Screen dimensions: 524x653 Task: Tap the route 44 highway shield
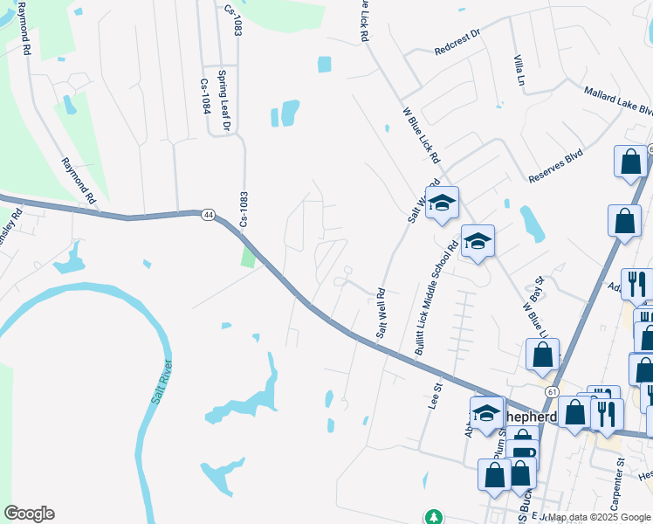207,214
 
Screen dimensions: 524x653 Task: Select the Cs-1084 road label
206,96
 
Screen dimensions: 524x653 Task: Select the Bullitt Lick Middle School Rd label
436,297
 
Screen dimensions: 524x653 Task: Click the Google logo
29,514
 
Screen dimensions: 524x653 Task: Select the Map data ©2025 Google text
598,517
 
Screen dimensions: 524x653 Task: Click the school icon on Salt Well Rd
442,203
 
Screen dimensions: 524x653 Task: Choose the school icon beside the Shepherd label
486,413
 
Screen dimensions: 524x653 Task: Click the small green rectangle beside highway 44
249,258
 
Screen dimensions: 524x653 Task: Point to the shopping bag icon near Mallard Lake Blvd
629,162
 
